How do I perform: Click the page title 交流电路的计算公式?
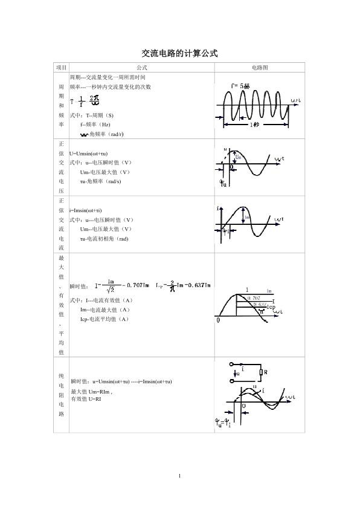pyautogui.click(x=179, y=54)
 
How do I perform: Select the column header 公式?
pyautogui.click(x=142, y=68)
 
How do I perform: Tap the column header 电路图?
pyautogui.click(x=260, y=68)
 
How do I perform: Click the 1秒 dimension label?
pyautogui.click(x=256, y=125)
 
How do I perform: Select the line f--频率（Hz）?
pyautogui.click(x=95, y=124)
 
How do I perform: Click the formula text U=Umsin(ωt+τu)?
pyautogui.click(x=89, y=154)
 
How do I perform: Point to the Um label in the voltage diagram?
pyautogui.click(x=238, y=157)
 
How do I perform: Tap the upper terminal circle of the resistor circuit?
pyautogui.click(x=232, y=365)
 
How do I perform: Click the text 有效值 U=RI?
pyautogui.click(x=86, y=400)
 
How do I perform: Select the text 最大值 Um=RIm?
pyautogui.click(x=91, y=392)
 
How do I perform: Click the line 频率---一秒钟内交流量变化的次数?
pyautogui.click(x=110, y=87)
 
